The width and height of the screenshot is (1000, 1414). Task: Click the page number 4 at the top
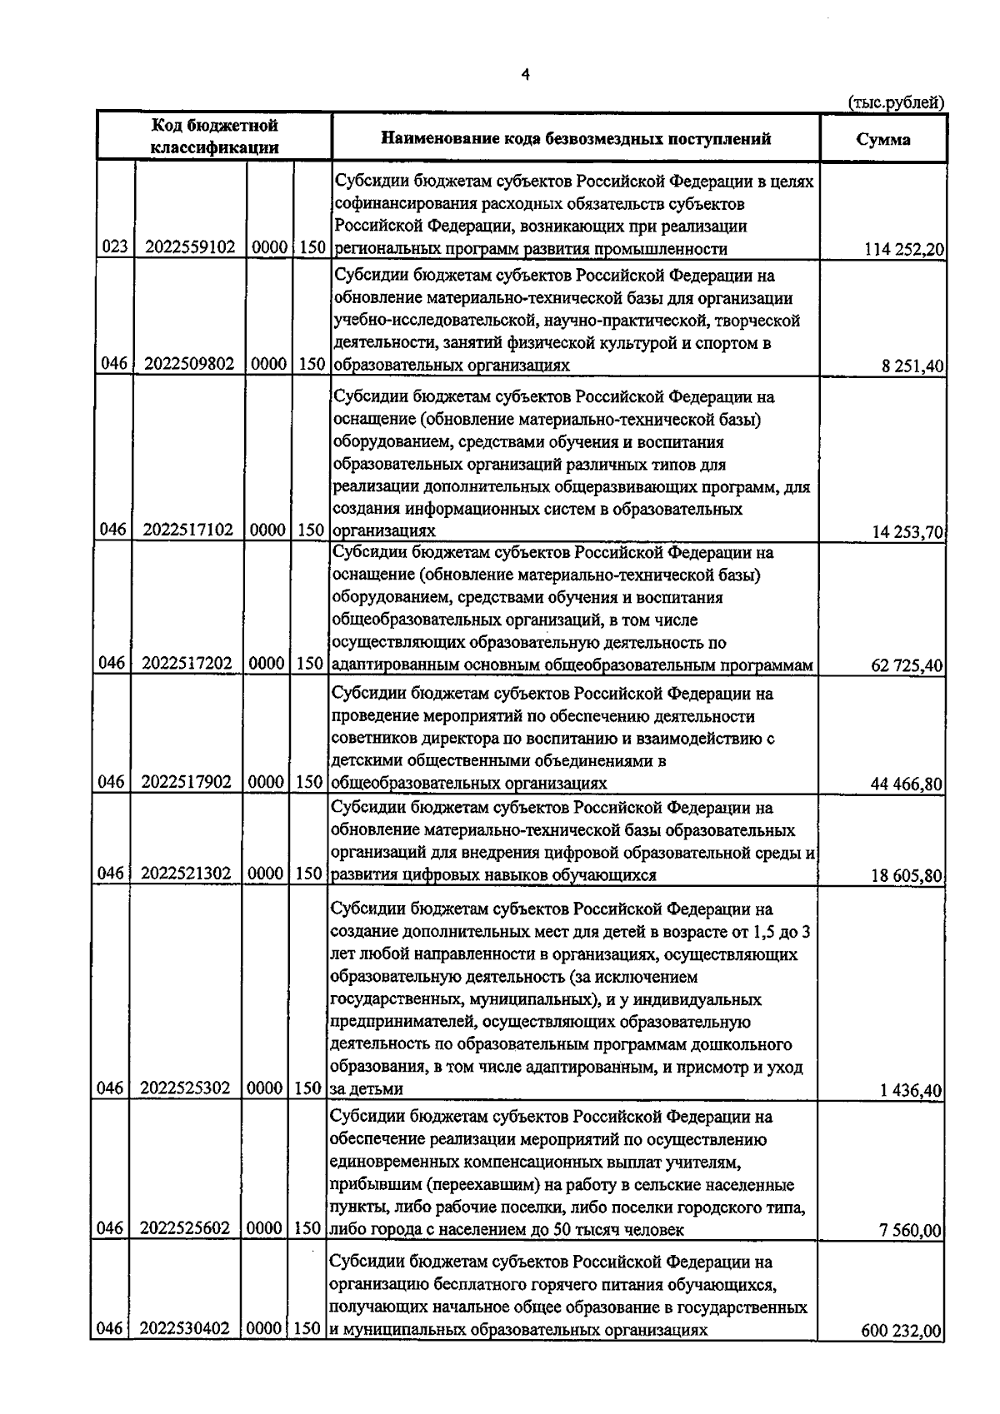pyautogui.click(x=524, y=74)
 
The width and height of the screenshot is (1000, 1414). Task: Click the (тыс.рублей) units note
pyautogui.click(x=896, y=102)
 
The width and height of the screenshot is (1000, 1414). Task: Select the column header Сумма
pyautogui.click(x=883, y=139)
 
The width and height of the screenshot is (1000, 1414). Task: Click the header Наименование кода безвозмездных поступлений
pyautogui.click(x=576, y=138)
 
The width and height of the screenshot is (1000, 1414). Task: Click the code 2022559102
pyautogui.click(x=190, y=248)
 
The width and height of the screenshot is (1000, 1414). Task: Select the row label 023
pyautogui.click(x=114, y=248)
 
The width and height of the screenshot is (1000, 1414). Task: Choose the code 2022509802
pyautogui.click(x=190, y=365)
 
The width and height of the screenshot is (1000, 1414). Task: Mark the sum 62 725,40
pyautogui.click(x=907, y=665)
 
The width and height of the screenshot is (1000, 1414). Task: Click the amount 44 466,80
pyautogui.click(x=906, y=784)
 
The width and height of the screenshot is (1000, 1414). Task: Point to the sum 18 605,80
pyautogui.click(x=906, y=876)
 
